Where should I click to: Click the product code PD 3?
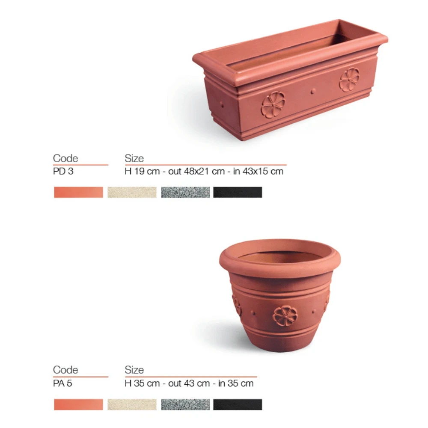pos(63,171)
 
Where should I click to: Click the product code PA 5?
pos(62,383)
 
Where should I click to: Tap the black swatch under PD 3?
pos(238,192)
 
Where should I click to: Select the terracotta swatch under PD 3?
pos(79,192)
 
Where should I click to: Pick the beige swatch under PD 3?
pos(132,192)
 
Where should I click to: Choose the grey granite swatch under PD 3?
pos(186,192)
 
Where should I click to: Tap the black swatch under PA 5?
pos(238,404)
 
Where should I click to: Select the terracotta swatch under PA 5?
pos(79,404)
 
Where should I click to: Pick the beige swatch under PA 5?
pos(132,404)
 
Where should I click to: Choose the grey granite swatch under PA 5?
pos(186,404)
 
